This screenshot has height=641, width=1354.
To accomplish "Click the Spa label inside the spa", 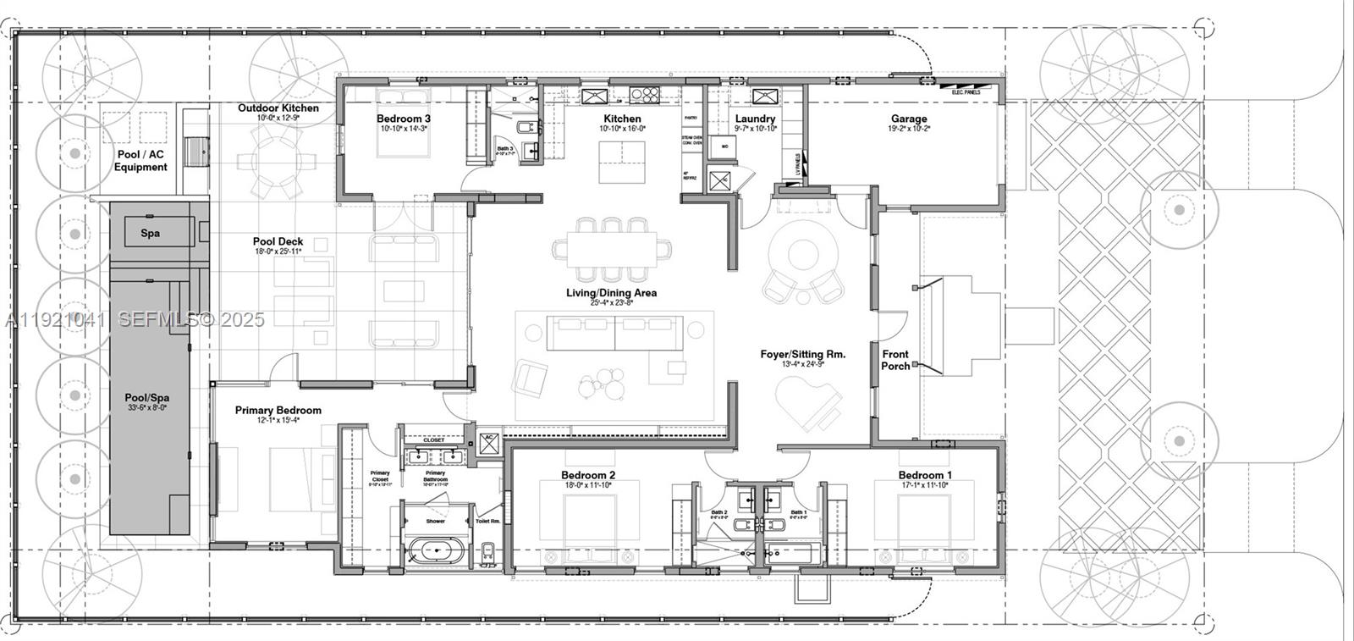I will [151, 233].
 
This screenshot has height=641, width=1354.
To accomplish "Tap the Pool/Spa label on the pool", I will [146, 397].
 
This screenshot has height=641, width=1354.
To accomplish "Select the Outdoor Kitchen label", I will [278, 108].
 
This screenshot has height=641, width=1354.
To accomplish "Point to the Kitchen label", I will [622, 119].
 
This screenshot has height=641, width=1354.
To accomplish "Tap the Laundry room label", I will [755, 119].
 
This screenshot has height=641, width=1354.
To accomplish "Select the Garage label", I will [909, 119].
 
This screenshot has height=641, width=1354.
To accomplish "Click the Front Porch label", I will [895, 360].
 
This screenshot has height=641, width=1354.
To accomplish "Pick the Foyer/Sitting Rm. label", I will [802, 355].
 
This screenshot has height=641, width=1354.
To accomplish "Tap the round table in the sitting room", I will [800, 255].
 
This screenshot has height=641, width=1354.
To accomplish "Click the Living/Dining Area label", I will [612, 293].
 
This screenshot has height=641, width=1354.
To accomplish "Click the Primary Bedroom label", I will [278, 411].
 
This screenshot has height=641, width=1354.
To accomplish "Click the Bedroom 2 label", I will [588, 475].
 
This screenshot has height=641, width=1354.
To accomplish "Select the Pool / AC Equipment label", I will [140, 161].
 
